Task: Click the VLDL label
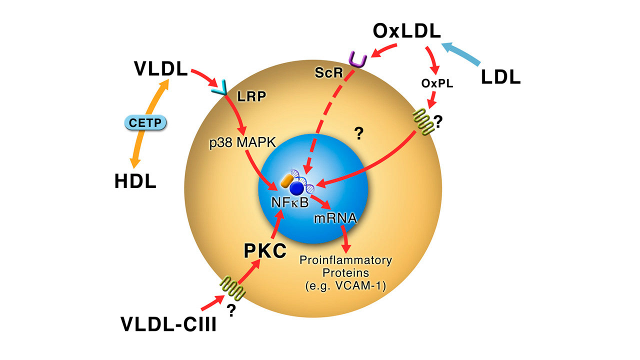pyautogui.click(x=160, y=68)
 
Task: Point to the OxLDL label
pyautogui.click(x=407, y=31)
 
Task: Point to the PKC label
pyautogui.click(x=264, y=250)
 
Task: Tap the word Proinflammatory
pyautogui.click(x=345, y=260)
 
